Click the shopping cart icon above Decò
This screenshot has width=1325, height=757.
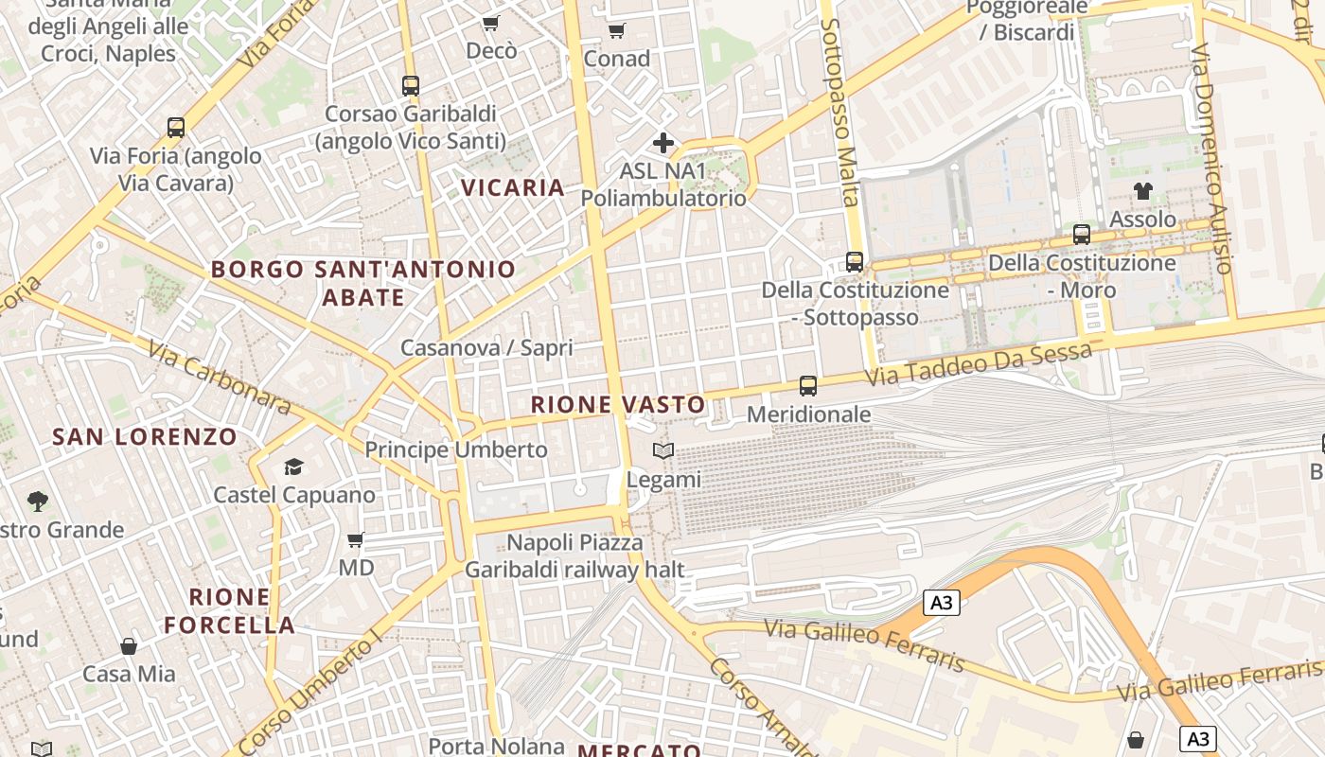point(490,23)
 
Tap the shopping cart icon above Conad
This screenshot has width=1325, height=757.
point(617,30)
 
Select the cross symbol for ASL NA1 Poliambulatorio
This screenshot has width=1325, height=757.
point(663,143)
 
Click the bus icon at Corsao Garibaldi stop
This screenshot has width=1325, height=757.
point(411,85)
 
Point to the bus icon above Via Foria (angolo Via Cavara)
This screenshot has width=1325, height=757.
point(176,127)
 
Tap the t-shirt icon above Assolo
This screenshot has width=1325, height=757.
point(1143,191)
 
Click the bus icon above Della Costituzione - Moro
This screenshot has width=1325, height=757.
point(1082,234)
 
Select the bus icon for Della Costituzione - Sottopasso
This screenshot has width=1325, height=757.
point(855,261)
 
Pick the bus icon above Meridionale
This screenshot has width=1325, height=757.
point(808,385)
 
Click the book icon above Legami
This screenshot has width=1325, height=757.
point(663,450)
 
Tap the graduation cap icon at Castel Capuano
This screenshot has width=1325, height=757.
point(293,467)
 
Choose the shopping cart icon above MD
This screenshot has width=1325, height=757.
point(356,539)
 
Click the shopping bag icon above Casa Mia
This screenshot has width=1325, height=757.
point(129,646)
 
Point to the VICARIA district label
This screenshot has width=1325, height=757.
point(513,187)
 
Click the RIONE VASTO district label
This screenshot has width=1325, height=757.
point(618,405)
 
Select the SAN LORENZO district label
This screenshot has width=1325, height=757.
point(144,436)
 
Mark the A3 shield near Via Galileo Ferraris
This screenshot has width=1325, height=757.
point(942,603)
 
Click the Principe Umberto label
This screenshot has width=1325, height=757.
point(456,449)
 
